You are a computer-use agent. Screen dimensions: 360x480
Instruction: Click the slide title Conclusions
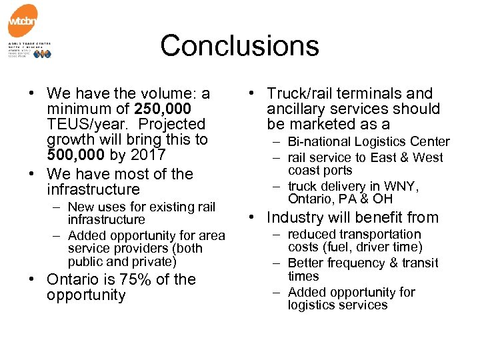pyautogui.click(x=239, y=46)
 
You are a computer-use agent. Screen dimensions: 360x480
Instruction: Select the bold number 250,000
pyautogui.click(x=163, y=109)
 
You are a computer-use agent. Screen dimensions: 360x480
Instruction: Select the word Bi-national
pyautogui.click(x=319, y=141)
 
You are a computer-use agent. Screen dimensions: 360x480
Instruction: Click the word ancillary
pyautogui.click(x=296, y=109)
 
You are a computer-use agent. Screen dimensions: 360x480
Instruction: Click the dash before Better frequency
pyautogui.click(x=277, y=263)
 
